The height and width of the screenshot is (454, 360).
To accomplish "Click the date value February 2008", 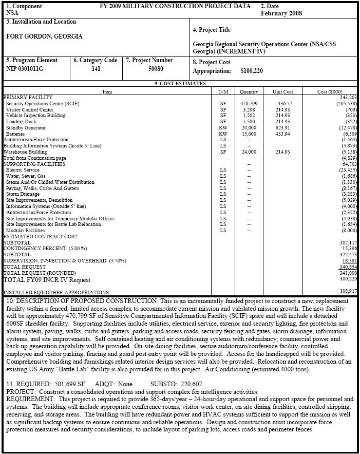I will (281, 13).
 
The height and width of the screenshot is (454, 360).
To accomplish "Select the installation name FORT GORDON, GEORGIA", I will (44, 36).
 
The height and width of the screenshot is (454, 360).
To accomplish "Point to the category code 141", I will (96, 68).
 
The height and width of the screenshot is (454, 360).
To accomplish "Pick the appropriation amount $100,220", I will (251, 71).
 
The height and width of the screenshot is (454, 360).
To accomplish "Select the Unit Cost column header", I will (282, 91).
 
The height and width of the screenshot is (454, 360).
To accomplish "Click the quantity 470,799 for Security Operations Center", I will (249, 103).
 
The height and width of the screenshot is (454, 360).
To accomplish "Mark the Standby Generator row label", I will (26, 128).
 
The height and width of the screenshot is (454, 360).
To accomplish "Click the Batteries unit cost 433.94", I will (282, 134).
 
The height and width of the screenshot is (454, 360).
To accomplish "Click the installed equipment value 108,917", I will (347, 291).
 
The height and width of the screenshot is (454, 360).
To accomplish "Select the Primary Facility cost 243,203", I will (347, 97).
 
